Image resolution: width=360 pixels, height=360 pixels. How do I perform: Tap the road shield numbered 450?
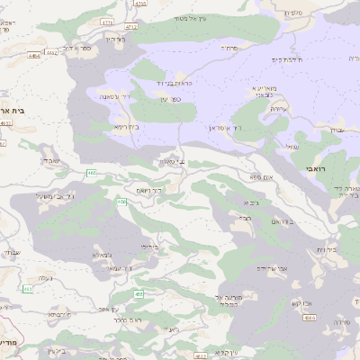click(x=121, y=202)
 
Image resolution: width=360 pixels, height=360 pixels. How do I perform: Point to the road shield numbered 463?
click(x=29, y=289)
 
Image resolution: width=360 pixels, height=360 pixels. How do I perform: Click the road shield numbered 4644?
click(x=309, y=317)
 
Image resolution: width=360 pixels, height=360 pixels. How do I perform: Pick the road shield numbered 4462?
click(x=51, y=52)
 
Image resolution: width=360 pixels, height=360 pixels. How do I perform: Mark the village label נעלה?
click(x=40, y=279)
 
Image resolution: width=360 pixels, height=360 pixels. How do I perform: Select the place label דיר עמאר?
click(x=118, y=268)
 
